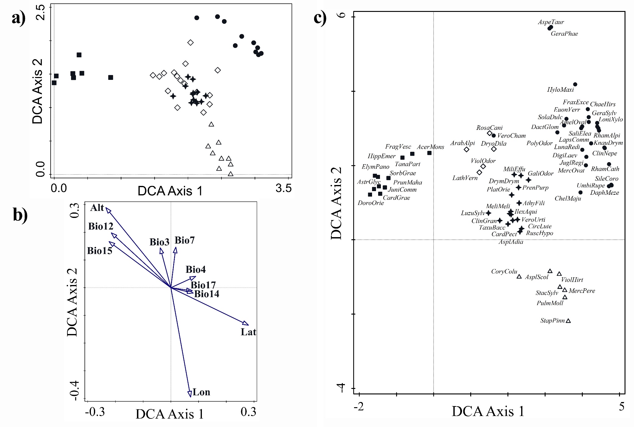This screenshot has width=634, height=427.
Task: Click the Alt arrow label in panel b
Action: [97, 208]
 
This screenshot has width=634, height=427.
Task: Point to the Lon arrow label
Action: [201, 392]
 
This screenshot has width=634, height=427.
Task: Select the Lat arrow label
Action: [248, 332]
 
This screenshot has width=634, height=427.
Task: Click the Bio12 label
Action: [101, 226]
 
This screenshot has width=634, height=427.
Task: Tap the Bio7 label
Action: [184, 240]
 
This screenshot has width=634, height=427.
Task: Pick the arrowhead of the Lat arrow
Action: [246, 323]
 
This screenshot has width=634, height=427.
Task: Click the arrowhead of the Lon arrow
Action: [190, 394]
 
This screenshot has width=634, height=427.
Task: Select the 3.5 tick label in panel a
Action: [283, 189]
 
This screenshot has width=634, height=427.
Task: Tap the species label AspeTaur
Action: [551, 22]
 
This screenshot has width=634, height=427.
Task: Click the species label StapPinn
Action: [552, 321]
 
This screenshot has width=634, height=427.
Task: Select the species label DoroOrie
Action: [371, 203]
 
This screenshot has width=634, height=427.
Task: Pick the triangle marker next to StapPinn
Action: [568, 321]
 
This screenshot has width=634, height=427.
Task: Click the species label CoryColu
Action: [504, 271]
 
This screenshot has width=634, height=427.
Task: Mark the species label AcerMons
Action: [430, 147]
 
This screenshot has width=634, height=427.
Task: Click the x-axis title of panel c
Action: [488, 411]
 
